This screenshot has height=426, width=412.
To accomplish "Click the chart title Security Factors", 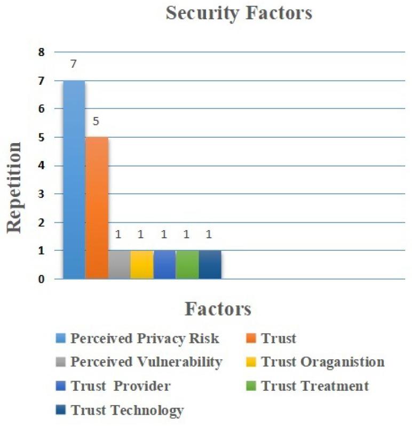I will click(x=239, y=13).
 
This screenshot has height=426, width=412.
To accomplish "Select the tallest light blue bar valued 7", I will click(x=74, y=179).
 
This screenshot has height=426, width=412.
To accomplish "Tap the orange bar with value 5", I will click(x=97, y=208).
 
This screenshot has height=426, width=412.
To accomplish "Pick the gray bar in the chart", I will click(x=119, y=264).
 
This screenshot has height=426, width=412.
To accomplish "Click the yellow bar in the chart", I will click(x=142, y=264).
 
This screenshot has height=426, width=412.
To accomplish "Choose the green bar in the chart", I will click(x=187, y=264).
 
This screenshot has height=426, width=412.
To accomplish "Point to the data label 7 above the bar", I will click(x=74, y=64).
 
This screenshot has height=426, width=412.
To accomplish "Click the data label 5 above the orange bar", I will click(x=97, y=121).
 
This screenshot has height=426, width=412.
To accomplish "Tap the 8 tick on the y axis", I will click(x=41, y=52).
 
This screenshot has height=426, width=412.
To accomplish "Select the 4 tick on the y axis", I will click(x=41, y=165).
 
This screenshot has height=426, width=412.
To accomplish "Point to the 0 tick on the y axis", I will click(x=41, y=279).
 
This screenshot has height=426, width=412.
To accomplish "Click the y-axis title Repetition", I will click(x=14, y=187).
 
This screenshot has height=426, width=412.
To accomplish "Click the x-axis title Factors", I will click(x=218, y=309).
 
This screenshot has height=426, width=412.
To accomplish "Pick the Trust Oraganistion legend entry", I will click(x=322, y=362).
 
